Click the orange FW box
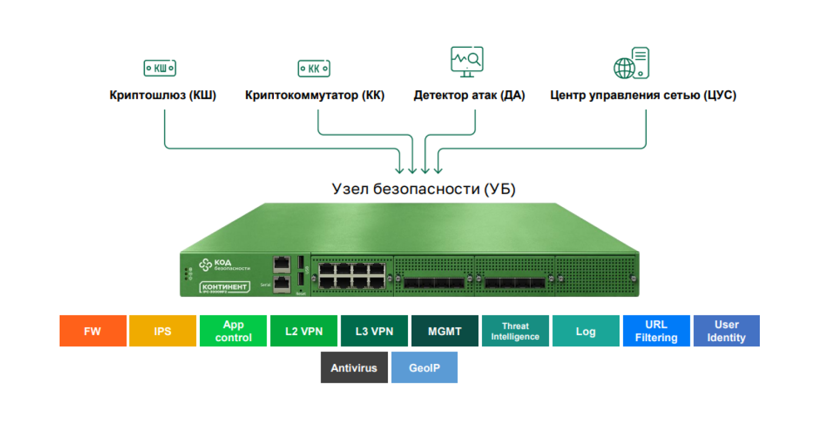click(x=93, y=331)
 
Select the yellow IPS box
click(x=162, y=331)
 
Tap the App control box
click(x=233, y=331)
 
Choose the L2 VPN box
click(x=304, y=331)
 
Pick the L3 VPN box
click(x=374, y=331)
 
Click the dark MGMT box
click(x=444, y=331)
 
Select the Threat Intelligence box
click(x=515, y=331)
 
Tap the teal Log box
click(x=586, y=331)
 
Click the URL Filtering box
click(x=656, y=331)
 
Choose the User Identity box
click(x=726, y=331)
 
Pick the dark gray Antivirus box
click(x=354, y=367)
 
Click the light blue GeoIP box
click(x=424, y=367)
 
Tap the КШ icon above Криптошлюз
click(x=160, y=68)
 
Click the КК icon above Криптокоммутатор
click(x=314, y=68)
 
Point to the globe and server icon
click(x=632, y=63)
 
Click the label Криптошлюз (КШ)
click(x=163, y=95)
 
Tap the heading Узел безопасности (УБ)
click(x=423, y=189)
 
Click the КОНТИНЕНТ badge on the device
click(x=225, y=287)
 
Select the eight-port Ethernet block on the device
click(x=352, y=276)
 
